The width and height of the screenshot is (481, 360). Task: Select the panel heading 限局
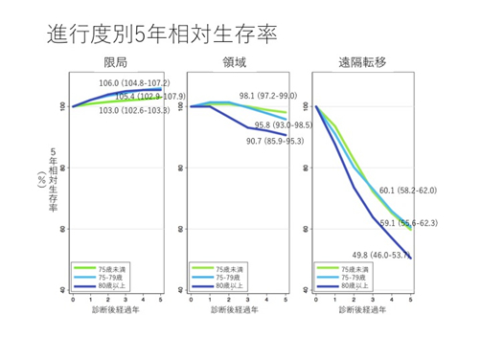[x=116, y=63]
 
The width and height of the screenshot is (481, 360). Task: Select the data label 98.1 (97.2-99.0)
[x=267, y=96]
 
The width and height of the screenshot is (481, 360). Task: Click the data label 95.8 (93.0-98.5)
[x=285, y=125]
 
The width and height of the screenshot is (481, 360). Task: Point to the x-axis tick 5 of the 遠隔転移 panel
[x=411, y=300]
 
